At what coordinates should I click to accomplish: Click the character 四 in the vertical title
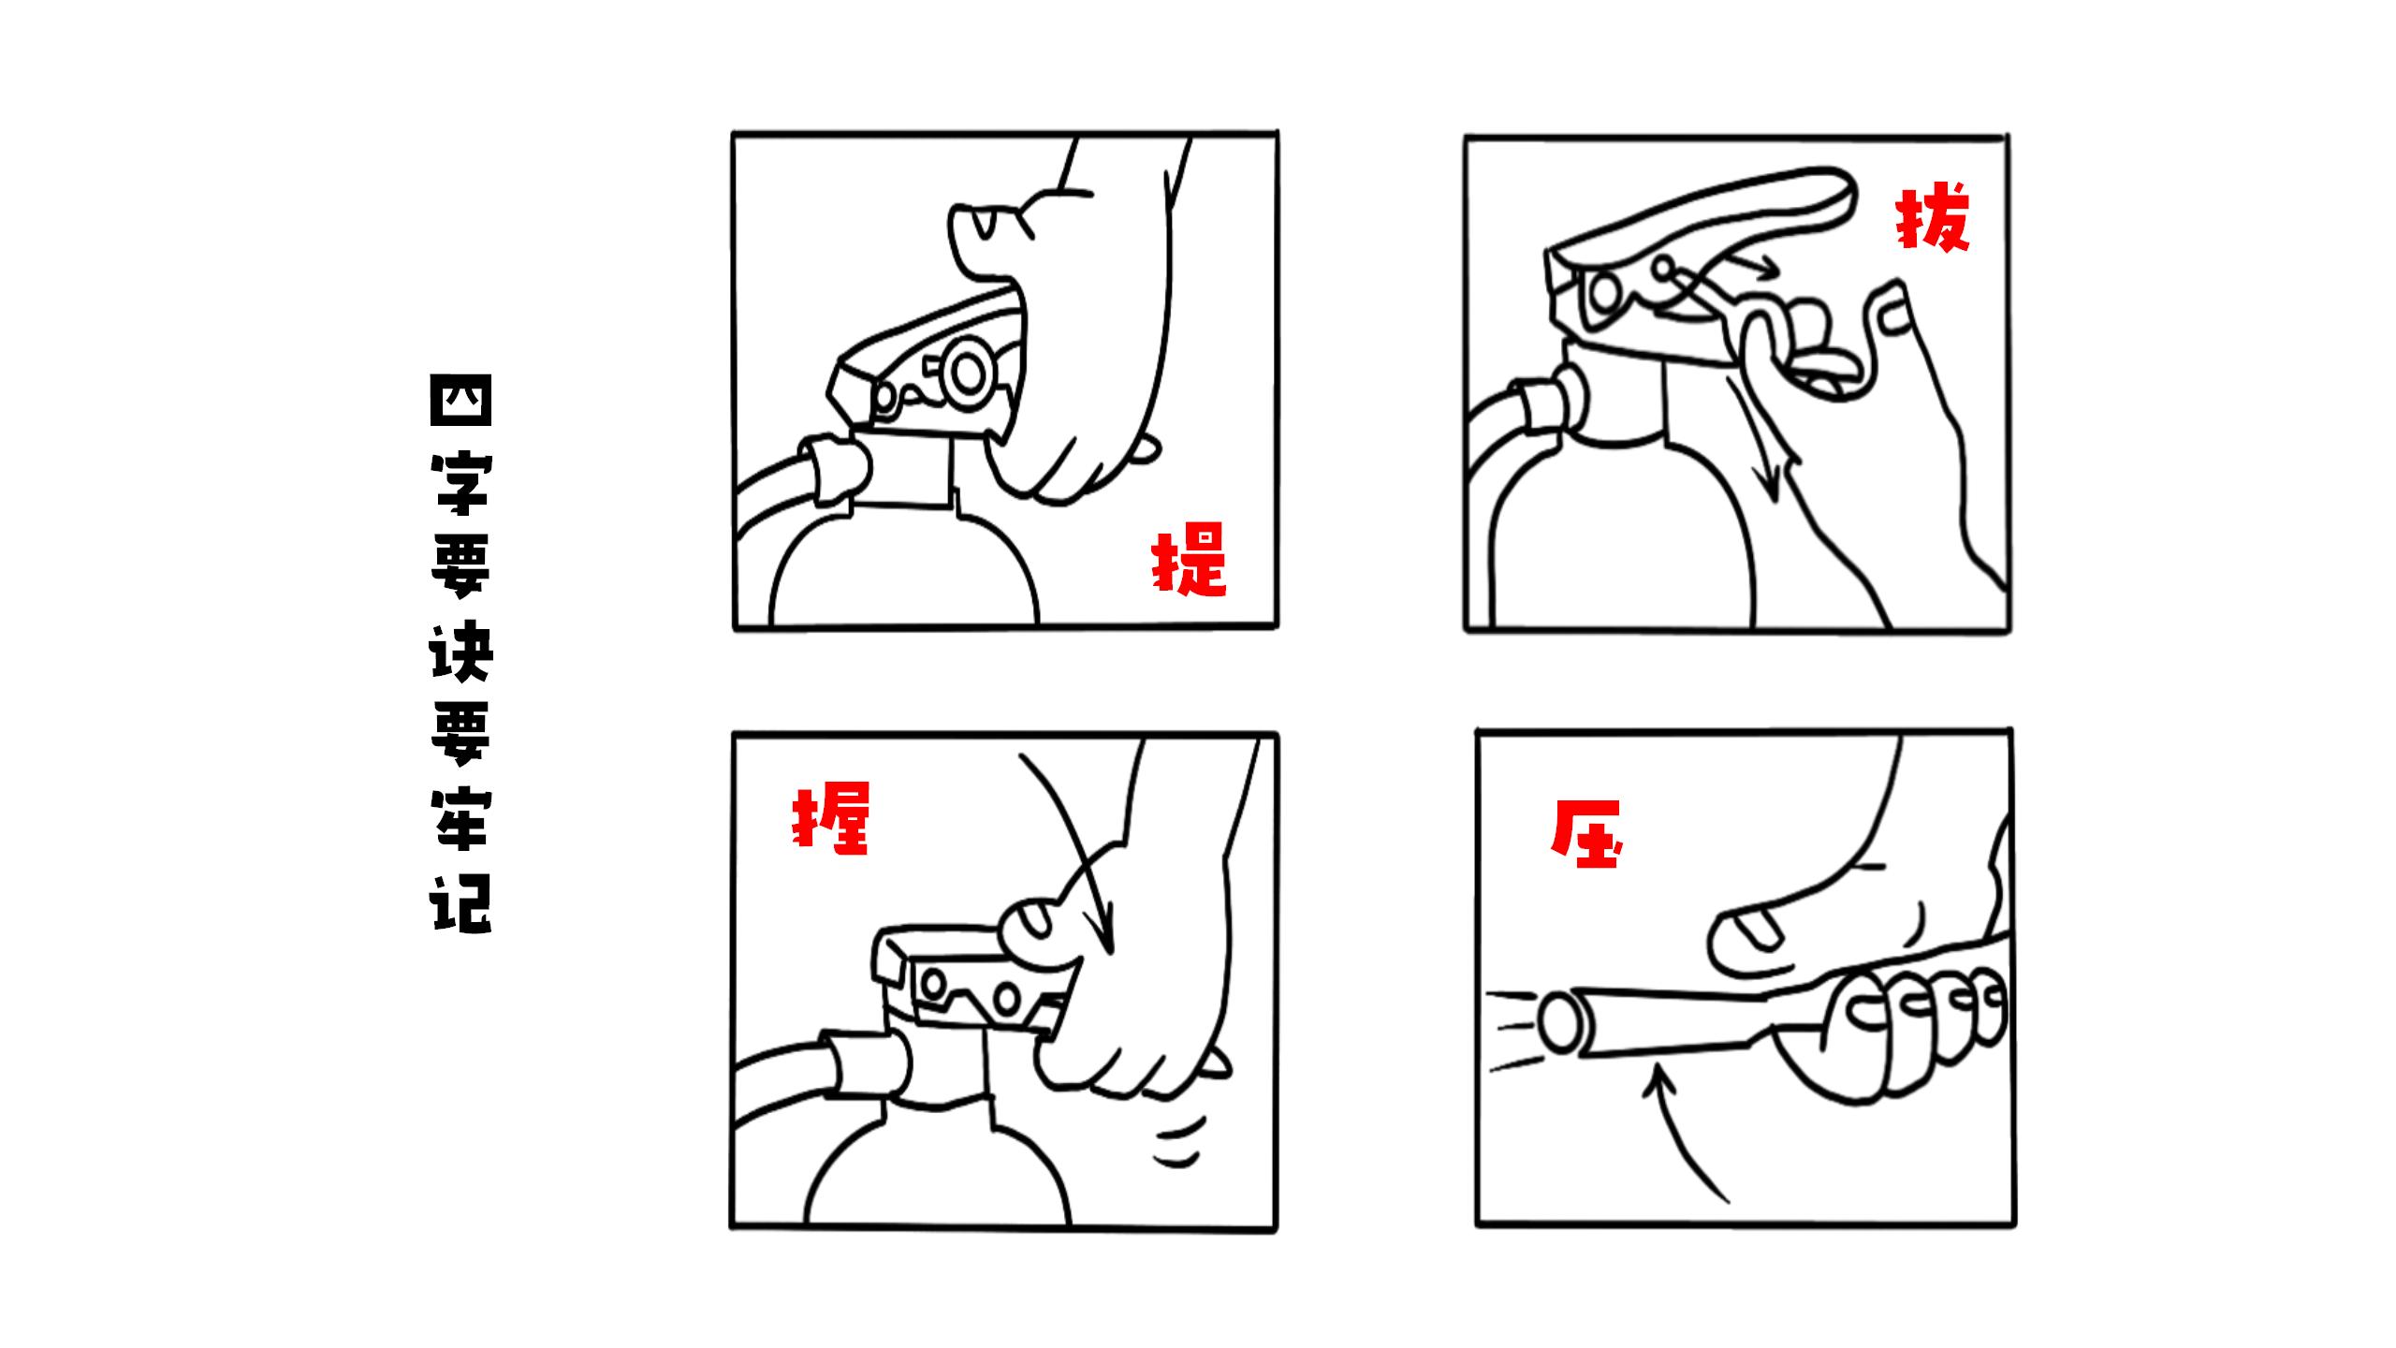[460, 403]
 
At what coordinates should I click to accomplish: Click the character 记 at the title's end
[460, 903]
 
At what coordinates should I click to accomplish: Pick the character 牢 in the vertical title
[460, 819]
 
